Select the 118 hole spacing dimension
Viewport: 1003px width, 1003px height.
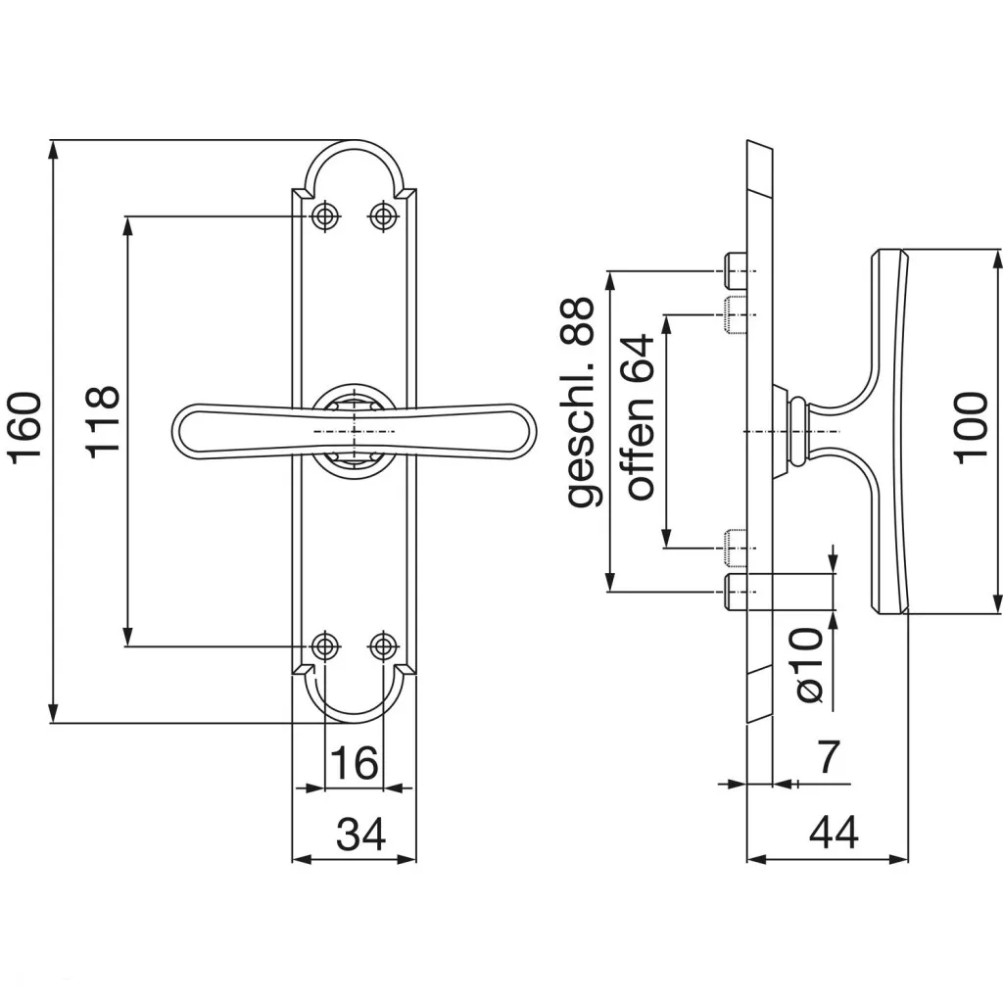tap(102, 421)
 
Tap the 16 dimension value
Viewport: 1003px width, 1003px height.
tap(353, 763)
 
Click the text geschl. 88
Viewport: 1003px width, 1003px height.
tap(580, 403)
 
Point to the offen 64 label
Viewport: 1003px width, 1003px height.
tap(639, 417)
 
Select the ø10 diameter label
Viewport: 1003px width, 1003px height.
tap(809, 665)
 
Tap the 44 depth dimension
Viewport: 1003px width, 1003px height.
tap(834, 834)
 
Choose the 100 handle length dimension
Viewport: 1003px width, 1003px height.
tap(971, 428)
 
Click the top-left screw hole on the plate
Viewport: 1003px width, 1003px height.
tap(324, 216)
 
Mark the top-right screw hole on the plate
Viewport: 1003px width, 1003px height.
tap(383, 216)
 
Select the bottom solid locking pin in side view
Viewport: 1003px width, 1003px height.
tap(735, 592)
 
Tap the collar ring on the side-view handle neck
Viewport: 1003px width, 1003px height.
tap(798, 431)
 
